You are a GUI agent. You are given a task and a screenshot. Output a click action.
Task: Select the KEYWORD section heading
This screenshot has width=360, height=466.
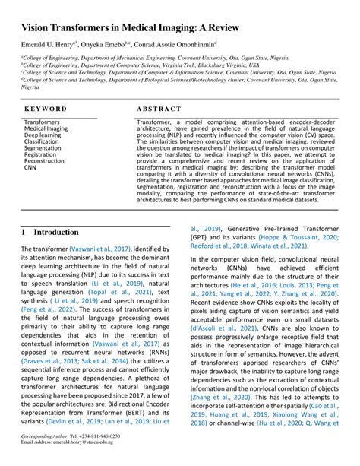tap(46, 109)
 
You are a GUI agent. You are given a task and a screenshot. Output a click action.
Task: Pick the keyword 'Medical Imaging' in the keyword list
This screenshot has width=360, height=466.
tap(46, 128)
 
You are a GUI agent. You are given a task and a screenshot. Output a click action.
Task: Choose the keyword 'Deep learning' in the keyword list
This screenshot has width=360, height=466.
tap(43, 135)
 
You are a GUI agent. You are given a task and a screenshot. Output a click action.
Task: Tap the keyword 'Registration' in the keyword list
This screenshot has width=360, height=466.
tap(40, 154)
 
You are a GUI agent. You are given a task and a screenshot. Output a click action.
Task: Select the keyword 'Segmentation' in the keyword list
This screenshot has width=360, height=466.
tap(43, 147)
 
